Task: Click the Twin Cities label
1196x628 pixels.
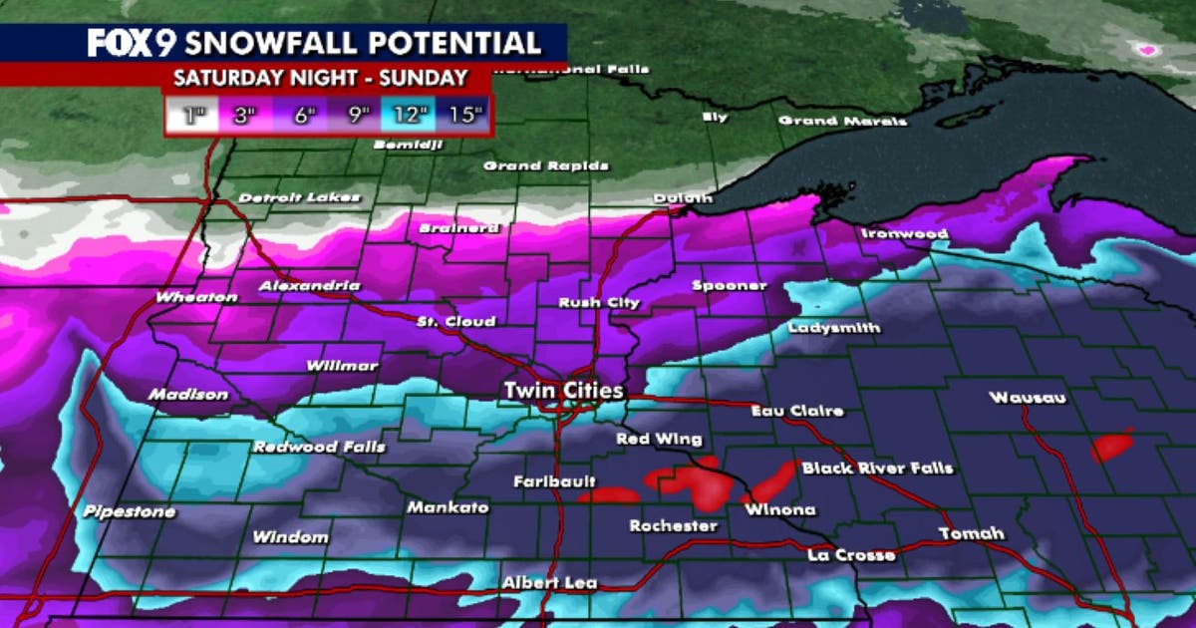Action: point(563,390)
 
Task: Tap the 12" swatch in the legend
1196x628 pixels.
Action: point(408,115)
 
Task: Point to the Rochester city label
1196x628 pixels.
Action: point(673,525)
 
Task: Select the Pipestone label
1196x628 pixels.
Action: point(130,512)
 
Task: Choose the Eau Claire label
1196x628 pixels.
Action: point(797,410)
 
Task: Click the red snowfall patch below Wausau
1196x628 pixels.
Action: point(1111,446)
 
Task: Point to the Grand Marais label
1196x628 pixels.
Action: point(842,121)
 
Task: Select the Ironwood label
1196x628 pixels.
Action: point(904,233)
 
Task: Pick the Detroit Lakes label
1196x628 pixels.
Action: point(298,197)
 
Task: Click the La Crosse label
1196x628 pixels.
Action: point(851,554)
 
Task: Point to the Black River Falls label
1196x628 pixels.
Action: point(877,468)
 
